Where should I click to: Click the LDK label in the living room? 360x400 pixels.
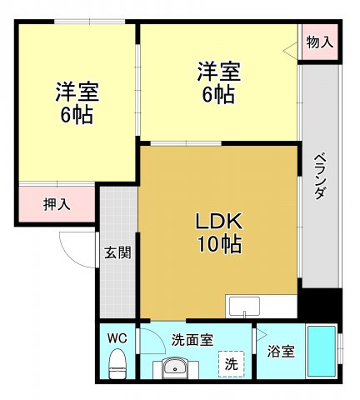(218, 221)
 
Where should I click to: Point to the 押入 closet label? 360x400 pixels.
(57, 203)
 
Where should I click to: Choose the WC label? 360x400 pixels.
(117, 338)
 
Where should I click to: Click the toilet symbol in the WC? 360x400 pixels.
(117, 363)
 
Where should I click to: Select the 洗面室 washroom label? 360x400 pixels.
(192, 340)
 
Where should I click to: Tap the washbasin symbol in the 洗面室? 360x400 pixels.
(176, 366)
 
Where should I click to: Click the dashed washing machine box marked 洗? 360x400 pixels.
(232, 363)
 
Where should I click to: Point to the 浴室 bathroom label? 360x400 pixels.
(281, 352)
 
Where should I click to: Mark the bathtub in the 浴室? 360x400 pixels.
(321, 351)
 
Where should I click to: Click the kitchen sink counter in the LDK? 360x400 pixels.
(260, 307)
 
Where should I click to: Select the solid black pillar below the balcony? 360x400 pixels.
(319, 303)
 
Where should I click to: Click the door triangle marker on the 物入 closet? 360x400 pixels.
(291, 51)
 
